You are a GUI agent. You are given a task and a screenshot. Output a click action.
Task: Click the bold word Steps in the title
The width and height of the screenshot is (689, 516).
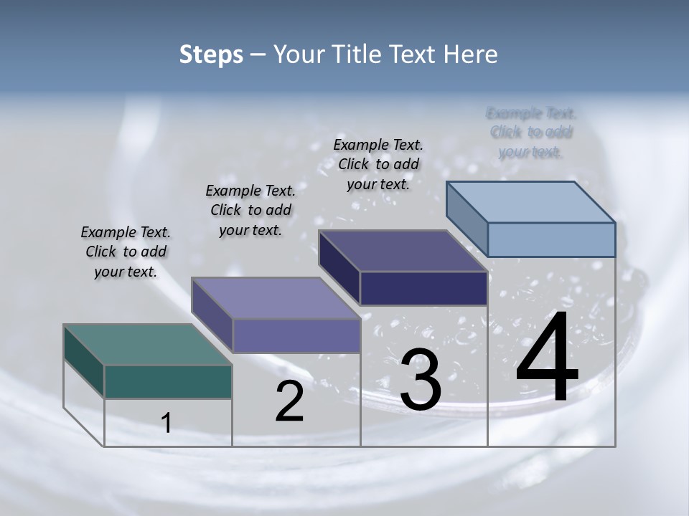(x=211, y=54)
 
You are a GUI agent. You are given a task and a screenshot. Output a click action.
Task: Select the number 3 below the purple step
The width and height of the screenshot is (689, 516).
(x=420, y=380)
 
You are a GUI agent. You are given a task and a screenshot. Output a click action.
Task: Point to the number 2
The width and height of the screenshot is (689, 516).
(x=290, y=401)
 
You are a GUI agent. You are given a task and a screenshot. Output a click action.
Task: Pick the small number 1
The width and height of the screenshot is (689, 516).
(x=167, y=423)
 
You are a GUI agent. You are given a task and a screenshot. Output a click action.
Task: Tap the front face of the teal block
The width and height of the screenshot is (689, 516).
(x=168, y=381)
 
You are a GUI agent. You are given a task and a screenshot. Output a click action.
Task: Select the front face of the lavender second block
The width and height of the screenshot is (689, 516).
(x=296, y=335)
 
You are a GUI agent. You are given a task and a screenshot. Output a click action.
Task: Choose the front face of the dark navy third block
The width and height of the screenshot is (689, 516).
(x=423, y=288)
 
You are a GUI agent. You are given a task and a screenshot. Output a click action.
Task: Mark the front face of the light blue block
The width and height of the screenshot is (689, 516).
(x=551, y=239)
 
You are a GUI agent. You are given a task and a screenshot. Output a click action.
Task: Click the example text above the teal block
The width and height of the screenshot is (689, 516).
(x=126, y=252)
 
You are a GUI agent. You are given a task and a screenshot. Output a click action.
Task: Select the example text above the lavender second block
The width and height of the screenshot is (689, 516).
(x=250, y=210)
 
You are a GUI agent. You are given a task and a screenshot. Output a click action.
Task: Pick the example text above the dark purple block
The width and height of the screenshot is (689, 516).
(x=378, y=164)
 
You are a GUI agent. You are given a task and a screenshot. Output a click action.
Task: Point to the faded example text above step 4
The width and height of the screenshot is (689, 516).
(x=531, y=132)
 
